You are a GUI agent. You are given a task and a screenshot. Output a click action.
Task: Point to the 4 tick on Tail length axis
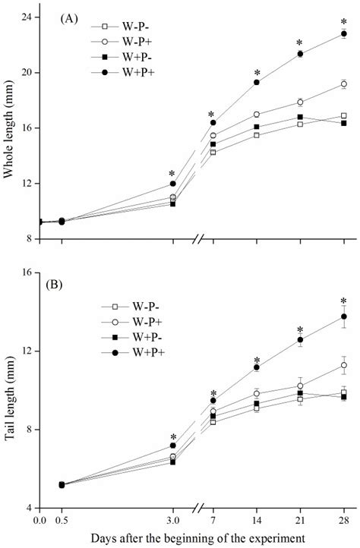pos(29,508)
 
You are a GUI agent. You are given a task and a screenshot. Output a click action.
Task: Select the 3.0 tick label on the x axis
pos(173,521)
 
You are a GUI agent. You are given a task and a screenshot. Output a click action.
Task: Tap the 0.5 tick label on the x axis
pos(62,521)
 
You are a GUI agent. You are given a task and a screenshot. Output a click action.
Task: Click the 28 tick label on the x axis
pos(344,521)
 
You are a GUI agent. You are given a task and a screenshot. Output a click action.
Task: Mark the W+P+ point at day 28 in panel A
pos(344,33)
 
